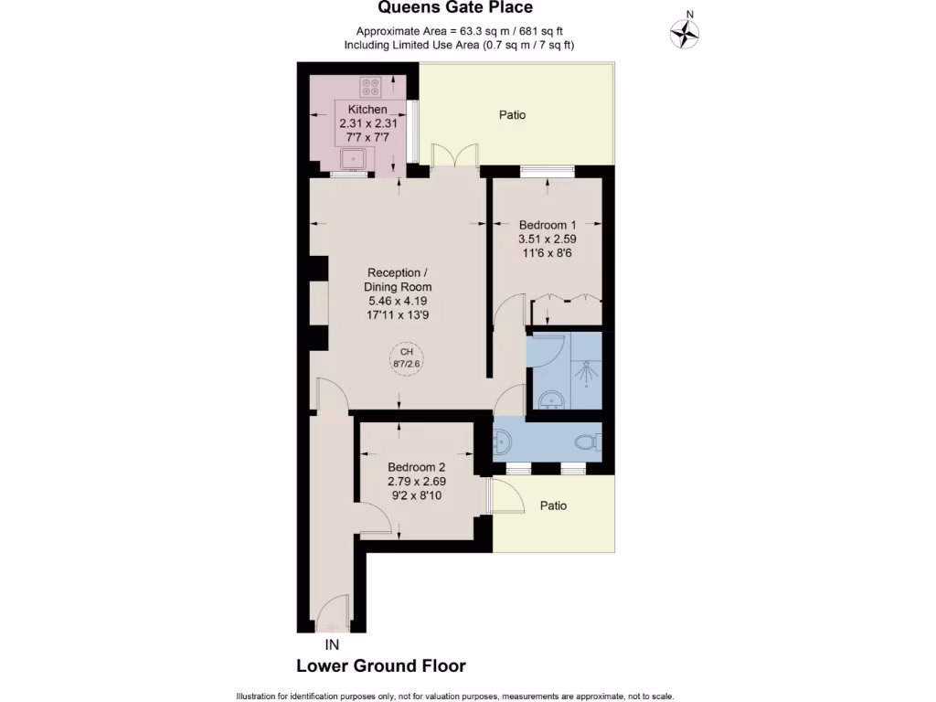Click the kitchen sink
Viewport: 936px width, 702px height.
[353, 161]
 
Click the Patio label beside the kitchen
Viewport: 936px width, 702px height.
[512, 115]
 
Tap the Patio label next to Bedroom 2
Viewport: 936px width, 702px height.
[552, 505]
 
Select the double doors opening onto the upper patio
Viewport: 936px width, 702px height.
[456, 156]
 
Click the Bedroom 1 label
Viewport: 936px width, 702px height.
[548, 225]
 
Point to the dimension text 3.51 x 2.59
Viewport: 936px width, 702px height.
[548, 239]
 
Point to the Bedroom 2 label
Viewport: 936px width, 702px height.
[416, 466]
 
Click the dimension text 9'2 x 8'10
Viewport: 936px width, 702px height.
[416, 495]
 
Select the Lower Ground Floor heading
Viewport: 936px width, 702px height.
[380, 666]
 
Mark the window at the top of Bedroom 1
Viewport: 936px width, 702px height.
[547, 170]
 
